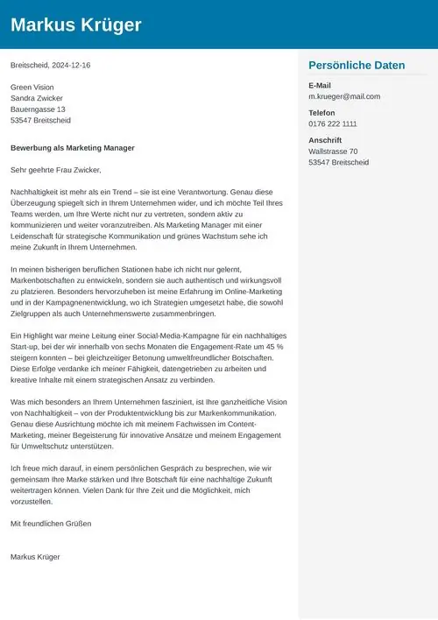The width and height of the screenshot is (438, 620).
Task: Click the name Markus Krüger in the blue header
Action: coord(75,25)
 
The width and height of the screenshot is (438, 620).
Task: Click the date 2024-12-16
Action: coord(70,66)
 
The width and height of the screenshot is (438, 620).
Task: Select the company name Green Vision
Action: coord(32,88)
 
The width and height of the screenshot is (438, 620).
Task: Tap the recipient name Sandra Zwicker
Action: coord(37,99)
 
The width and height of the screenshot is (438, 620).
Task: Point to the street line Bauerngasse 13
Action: coord(38,109)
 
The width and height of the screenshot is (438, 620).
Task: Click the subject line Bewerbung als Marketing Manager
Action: coord(73,148)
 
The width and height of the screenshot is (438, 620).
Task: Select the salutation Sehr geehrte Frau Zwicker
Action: coord(56,170)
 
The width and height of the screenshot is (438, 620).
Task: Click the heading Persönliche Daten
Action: coord(357,66)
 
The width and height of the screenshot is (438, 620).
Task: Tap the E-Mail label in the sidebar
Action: coord(320,85)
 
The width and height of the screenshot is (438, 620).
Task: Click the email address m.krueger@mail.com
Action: coord(344,96)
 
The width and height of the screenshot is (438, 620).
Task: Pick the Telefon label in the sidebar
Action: coord(321,113)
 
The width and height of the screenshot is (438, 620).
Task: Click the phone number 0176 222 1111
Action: coord(333,124)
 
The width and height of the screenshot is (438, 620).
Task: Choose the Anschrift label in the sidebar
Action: coord(325,140)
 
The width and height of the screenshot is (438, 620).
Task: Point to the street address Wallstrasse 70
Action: coord(333,151)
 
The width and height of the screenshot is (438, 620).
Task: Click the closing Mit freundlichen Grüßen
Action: coord(51,524)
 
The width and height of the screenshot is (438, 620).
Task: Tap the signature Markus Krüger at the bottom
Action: coord(36,557)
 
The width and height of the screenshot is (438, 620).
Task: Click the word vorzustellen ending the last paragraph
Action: coord(31,502)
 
